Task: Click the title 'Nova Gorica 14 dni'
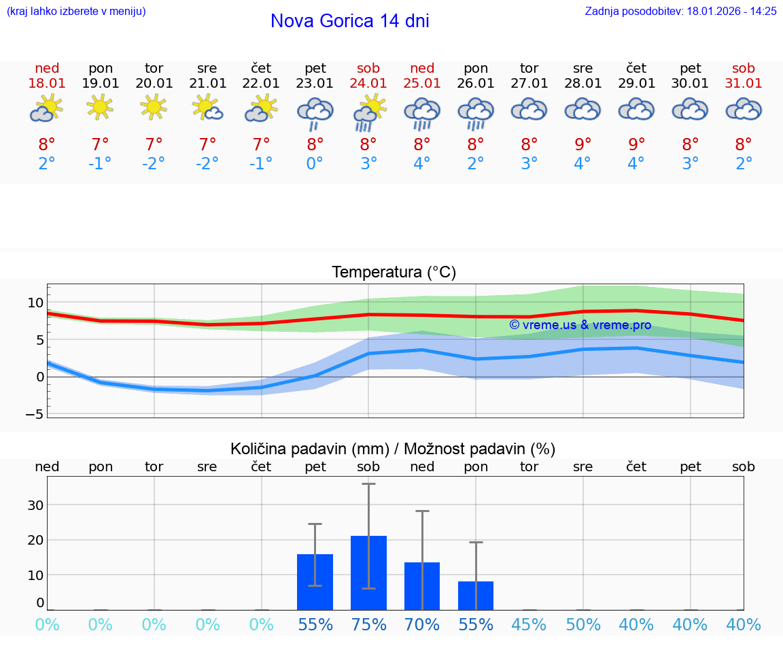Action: tap(349, 21)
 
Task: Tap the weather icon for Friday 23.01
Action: tap(315, 112)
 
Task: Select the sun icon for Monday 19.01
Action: tap(100, 107)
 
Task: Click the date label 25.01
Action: tap(422, 84)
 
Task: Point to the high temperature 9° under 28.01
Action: tap(583, 145)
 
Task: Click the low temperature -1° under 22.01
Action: tap(261, 164)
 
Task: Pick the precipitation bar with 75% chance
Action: tap(368, 573)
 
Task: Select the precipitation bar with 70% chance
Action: tap(422, 585)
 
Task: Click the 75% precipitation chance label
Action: tap(368, 624)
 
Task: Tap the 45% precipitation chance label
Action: tap(529, 624)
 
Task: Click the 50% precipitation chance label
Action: tap(583, 624)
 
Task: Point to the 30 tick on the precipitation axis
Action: tap(35, 505)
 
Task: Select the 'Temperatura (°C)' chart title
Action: tap(394, 273)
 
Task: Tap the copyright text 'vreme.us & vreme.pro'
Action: tap(580, 325)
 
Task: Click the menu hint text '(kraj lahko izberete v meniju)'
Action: tap(76, 11)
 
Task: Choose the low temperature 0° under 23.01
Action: tap(315, 164)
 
